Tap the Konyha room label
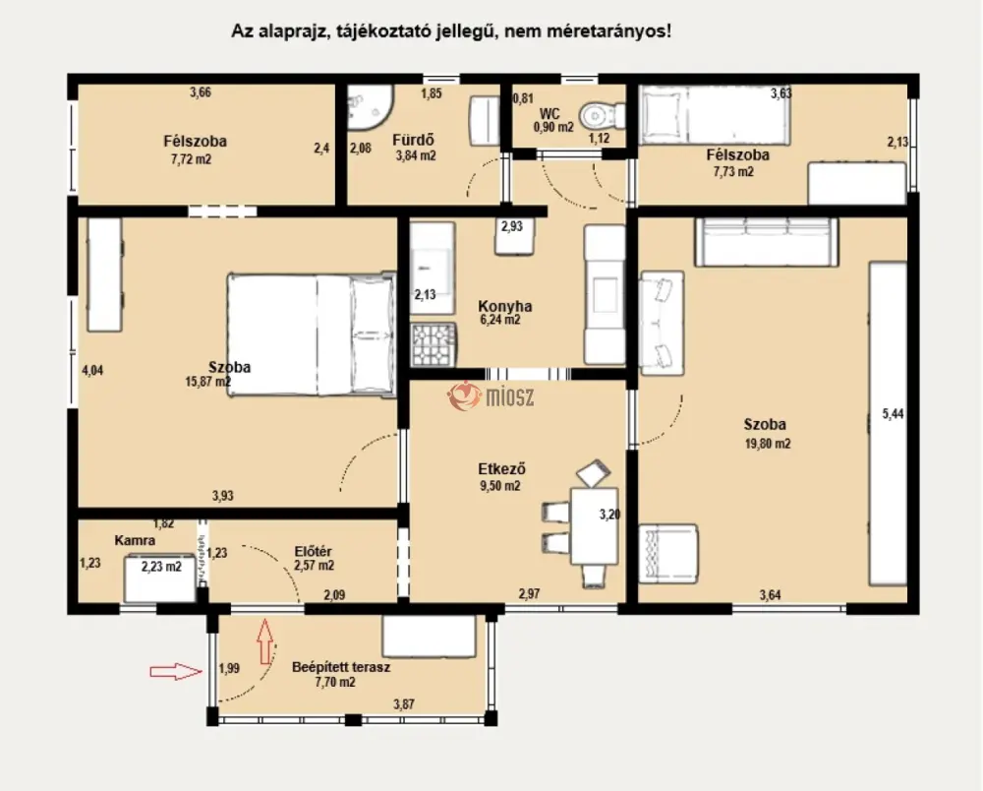point(504,306)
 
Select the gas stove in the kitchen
point(434,344)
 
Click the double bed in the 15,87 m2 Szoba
point(312,335)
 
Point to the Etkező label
point(501,468)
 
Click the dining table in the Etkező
point(594,526)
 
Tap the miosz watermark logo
point(491,396)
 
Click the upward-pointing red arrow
point(265,641)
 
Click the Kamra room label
point(135,540)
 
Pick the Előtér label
point(313,551)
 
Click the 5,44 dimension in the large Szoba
point(893,413)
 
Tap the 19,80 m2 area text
point(768,444)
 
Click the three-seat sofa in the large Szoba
point(766,242)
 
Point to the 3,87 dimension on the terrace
point(404,704)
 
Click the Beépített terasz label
point(341,667)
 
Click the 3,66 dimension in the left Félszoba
point(201,92)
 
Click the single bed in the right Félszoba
point(714,115)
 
